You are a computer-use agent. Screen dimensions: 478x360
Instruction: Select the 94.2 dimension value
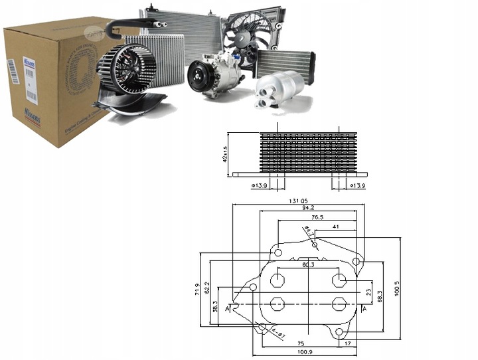point(307,208)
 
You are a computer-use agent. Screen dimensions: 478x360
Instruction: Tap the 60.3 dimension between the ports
point(309,265)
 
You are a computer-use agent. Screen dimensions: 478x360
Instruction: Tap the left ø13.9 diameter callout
point(260,185)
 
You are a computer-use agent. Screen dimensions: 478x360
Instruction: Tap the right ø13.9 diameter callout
point(358,185)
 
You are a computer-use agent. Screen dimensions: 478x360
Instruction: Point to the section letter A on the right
point(364,309)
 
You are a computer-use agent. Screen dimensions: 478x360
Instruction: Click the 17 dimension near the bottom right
point(348,343)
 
